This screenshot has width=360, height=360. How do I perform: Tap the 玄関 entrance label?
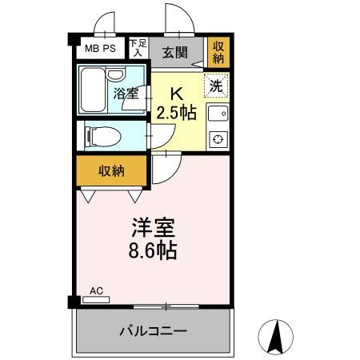pos(174,52)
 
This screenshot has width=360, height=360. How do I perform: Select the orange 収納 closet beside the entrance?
pos(218,52)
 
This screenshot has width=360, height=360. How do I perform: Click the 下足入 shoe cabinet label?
pos(138,48)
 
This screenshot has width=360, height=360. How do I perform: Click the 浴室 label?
pos(127,93)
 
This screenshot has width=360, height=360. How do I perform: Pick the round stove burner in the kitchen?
pos(217,141)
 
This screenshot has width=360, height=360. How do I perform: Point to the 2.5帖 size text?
pos(177,112)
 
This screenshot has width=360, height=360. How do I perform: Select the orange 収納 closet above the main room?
pos(112,170)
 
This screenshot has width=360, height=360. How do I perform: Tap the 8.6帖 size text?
pos(149,250)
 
